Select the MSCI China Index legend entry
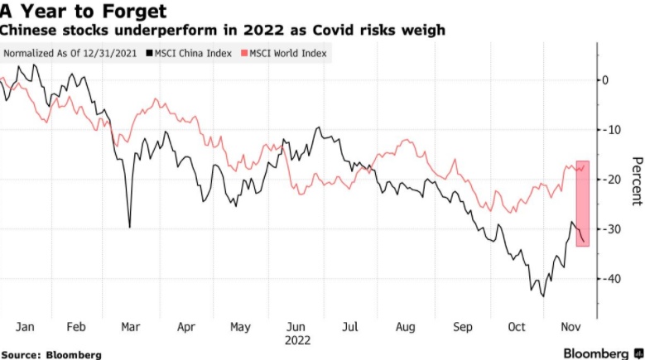(x=189, y=53)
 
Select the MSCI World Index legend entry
(x=284, y=53)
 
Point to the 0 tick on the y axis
(x=605, y=80)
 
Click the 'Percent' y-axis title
(x=635, y=180)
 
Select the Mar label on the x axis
(x=130, y=327)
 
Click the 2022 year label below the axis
(x=297, y=339)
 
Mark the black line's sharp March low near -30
(x=129, y=227)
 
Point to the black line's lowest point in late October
(x=543, y=295)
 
